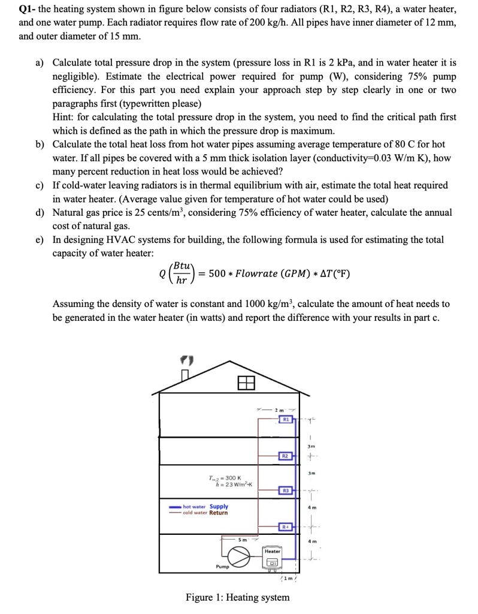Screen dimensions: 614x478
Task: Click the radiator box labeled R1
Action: tap(286, 419)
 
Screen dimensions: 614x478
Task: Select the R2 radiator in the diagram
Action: tap(286, 456)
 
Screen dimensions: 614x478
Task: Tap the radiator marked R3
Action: tap(286, 490)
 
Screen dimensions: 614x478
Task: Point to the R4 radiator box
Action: tap(286, 526)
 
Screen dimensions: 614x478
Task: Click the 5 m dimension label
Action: tap(243, 539)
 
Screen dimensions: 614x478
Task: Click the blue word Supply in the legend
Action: tap(219, 506)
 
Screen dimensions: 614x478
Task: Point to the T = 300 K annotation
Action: tap(222, 477)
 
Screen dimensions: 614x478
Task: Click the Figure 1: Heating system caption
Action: tap(237, 597)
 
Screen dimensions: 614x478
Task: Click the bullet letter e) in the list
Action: tap(40, 240)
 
